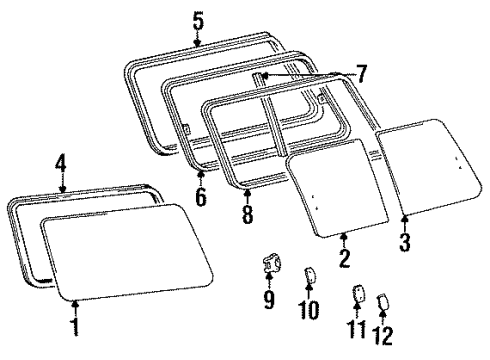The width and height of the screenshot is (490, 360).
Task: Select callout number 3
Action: [x=403, y=242]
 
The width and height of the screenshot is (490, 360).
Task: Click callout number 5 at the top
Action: [x=197, y=20]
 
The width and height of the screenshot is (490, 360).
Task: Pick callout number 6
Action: [x=200, y=197]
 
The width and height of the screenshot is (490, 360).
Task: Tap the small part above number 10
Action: [x=309, y=273]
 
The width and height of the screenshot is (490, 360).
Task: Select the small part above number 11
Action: [x=357, y=292]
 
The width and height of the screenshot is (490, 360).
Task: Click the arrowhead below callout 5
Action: [x=197, y=41]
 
